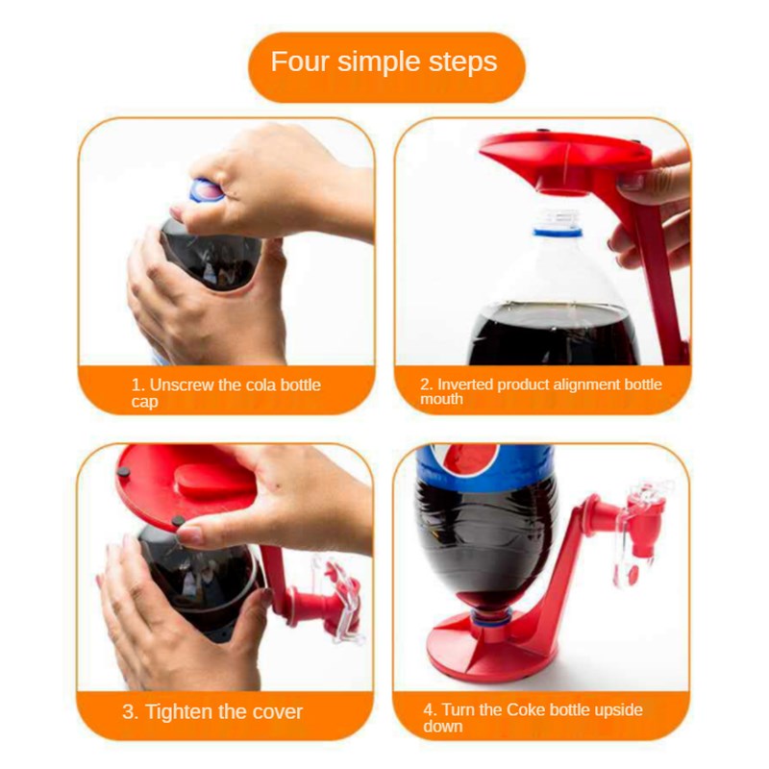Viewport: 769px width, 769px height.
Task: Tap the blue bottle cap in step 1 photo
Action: [206, 190]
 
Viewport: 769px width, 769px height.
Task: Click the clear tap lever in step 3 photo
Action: [341, 595]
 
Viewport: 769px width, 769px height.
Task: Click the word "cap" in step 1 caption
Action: [144, 401]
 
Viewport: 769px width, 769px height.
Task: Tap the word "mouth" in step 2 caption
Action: [441, 399]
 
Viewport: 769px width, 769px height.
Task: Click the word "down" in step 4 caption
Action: [443, 726]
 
